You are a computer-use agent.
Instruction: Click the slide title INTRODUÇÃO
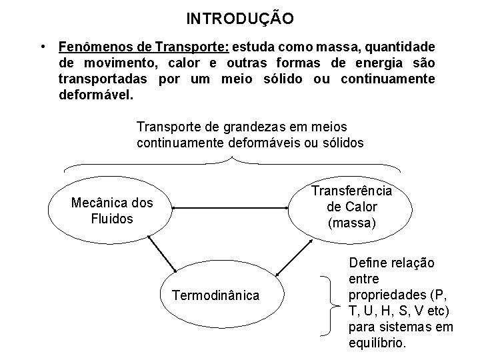239,18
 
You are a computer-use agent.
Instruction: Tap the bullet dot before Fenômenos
42,47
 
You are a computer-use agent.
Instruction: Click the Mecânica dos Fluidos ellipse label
111,211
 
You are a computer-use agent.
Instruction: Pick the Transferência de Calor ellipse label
352,207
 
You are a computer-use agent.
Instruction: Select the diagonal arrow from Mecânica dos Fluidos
161,254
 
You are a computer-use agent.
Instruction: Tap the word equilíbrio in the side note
377,343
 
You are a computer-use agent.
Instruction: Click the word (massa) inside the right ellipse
352,223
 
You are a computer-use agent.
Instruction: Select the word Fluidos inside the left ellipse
111,219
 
